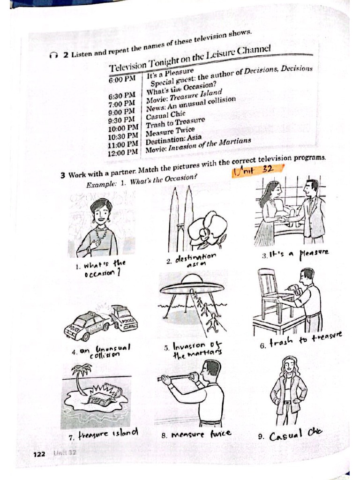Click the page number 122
click(x=39, y=454)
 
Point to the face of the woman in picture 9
click(x=289, y=365)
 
